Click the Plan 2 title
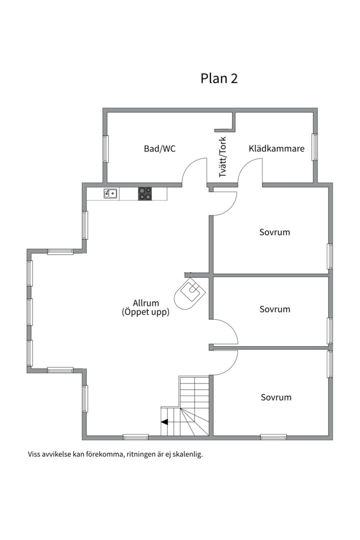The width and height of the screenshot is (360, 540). pos(219,78)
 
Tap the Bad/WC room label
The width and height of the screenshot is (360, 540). pos(159,149)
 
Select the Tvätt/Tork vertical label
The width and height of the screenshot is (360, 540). pos(222,157)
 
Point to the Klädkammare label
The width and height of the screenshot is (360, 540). pos(276,148)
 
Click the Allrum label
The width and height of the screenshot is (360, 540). pos(146,303)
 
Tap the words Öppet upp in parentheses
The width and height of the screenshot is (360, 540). pos(145,312)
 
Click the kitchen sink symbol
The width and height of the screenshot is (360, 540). pos(110,193)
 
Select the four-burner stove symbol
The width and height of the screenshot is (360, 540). pos(145,193)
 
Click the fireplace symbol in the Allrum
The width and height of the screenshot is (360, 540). pos(190,293)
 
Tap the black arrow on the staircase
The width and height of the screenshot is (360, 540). pos(164,421)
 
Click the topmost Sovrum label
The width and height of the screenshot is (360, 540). pos(274,232)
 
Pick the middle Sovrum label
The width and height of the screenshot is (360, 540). pos(275,309)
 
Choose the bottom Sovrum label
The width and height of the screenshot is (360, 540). pos(276,397)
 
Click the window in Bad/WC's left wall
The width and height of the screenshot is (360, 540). pos(106,149)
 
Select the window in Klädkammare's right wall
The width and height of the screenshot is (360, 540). pos(314,147)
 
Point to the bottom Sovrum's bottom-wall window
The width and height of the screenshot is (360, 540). pos(273,437)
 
